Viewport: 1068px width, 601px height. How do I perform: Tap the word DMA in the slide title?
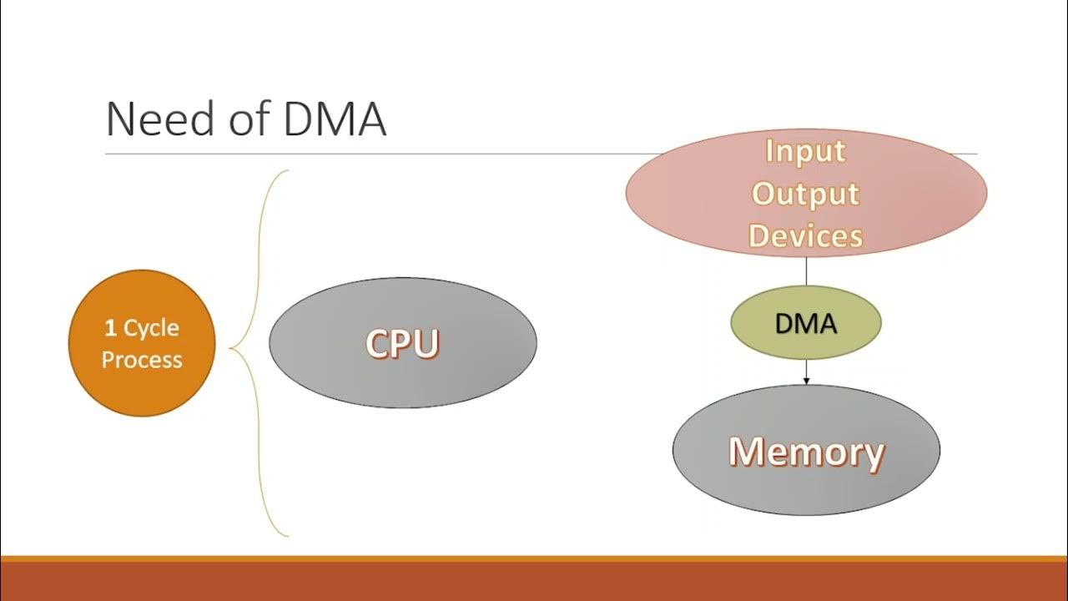[x=335, y=120]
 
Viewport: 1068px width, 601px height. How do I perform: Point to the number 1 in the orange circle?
[x=110, y=328]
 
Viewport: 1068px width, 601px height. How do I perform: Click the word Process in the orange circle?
[x=142, y=360]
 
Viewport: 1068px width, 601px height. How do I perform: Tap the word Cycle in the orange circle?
[x=151, y=328]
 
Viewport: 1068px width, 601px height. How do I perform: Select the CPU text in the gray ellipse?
[x=402, y=343]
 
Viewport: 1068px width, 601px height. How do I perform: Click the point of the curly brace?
[x=231, y=348]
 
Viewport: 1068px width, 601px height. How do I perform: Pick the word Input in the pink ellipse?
[x=805, y=151]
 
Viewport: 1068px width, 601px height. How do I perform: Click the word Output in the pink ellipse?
[x=805, y=194]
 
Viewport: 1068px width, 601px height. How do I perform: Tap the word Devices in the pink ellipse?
[x=805, y=235]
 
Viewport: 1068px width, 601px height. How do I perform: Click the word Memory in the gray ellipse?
[x=806, y=452]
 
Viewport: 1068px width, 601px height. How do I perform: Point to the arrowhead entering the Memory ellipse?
[x=806, y=381]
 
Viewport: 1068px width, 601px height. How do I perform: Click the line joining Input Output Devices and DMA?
[x=806, y=271]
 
